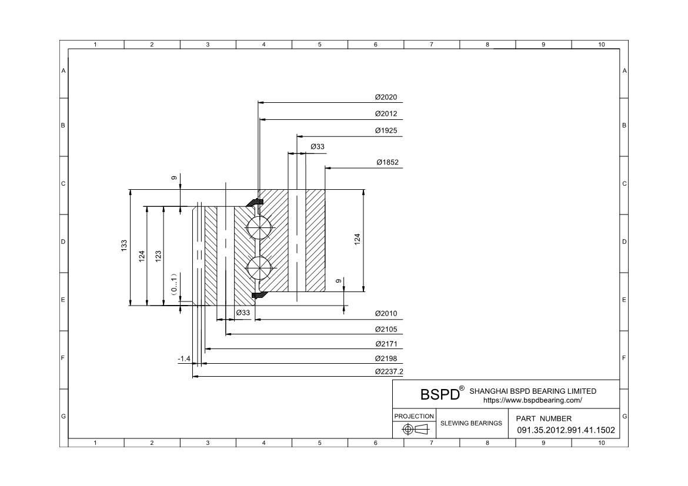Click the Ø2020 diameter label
pos(386,97)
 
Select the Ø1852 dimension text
pos(388,162)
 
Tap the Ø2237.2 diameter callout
pos(389,371)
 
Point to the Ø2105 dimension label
pos(386,329)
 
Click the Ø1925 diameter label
pos(386,130)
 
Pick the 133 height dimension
pos(124,245)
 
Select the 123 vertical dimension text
pos(158,257)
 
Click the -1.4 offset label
pos(184,359)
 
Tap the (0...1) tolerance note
pos(174,284)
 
